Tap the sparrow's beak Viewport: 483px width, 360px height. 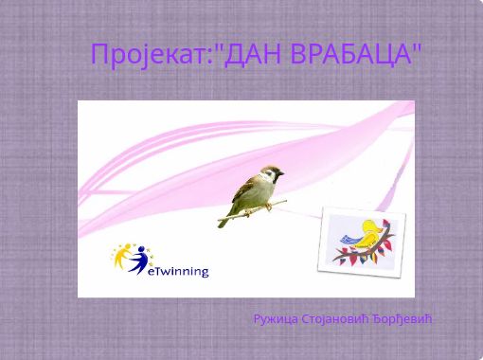pos(283,176)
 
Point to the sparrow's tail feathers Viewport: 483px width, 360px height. pos(225,219)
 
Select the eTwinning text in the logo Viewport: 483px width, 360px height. pos(179,271)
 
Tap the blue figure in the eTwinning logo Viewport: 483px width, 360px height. pos(140,258)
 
